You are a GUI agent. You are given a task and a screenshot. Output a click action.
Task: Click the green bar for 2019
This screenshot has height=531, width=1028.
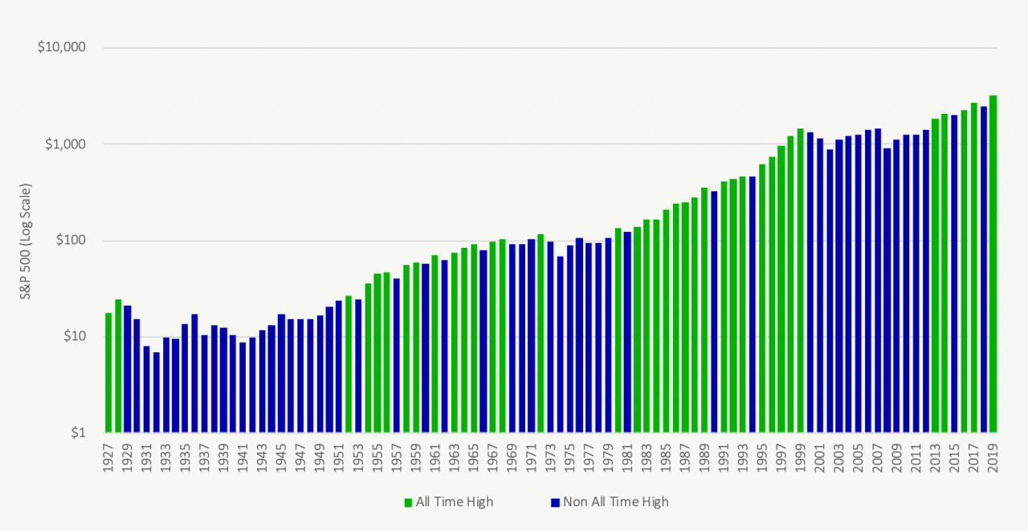993,265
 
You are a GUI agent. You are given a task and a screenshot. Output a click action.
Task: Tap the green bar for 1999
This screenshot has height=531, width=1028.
800,281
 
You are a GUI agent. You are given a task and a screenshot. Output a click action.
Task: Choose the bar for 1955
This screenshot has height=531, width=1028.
377,353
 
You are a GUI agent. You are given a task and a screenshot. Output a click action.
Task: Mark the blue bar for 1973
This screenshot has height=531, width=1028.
551,337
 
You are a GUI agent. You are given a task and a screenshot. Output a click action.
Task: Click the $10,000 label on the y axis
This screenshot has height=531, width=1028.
61,47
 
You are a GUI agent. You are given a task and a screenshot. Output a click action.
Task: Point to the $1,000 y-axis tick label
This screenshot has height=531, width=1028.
64,144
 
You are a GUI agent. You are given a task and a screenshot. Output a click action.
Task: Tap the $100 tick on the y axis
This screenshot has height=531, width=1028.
68,241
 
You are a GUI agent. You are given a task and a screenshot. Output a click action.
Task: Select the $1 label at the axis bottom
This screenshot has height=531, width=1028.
77,433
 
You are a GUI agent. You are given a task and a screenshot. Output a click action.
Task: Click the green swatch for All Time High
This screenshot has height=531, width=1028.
407,502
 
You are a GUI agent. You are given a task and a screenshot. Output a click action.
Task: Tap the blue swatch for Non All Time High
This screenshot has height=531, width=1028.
554,502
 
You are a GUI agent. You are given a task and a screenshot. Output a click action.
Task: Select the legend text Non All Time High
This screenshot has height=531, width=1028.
616,502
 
